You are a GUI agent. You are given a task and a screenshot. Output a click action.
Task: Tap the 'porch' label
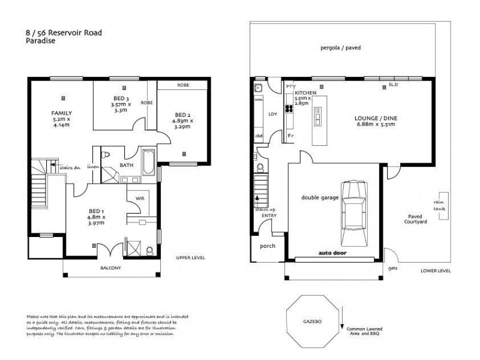266,246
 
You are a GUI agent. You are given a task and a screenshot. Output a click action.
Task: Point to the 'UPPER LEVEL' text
190,257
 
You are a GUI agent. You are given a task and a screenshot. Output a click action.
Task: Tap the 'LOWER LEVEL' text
436,271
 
